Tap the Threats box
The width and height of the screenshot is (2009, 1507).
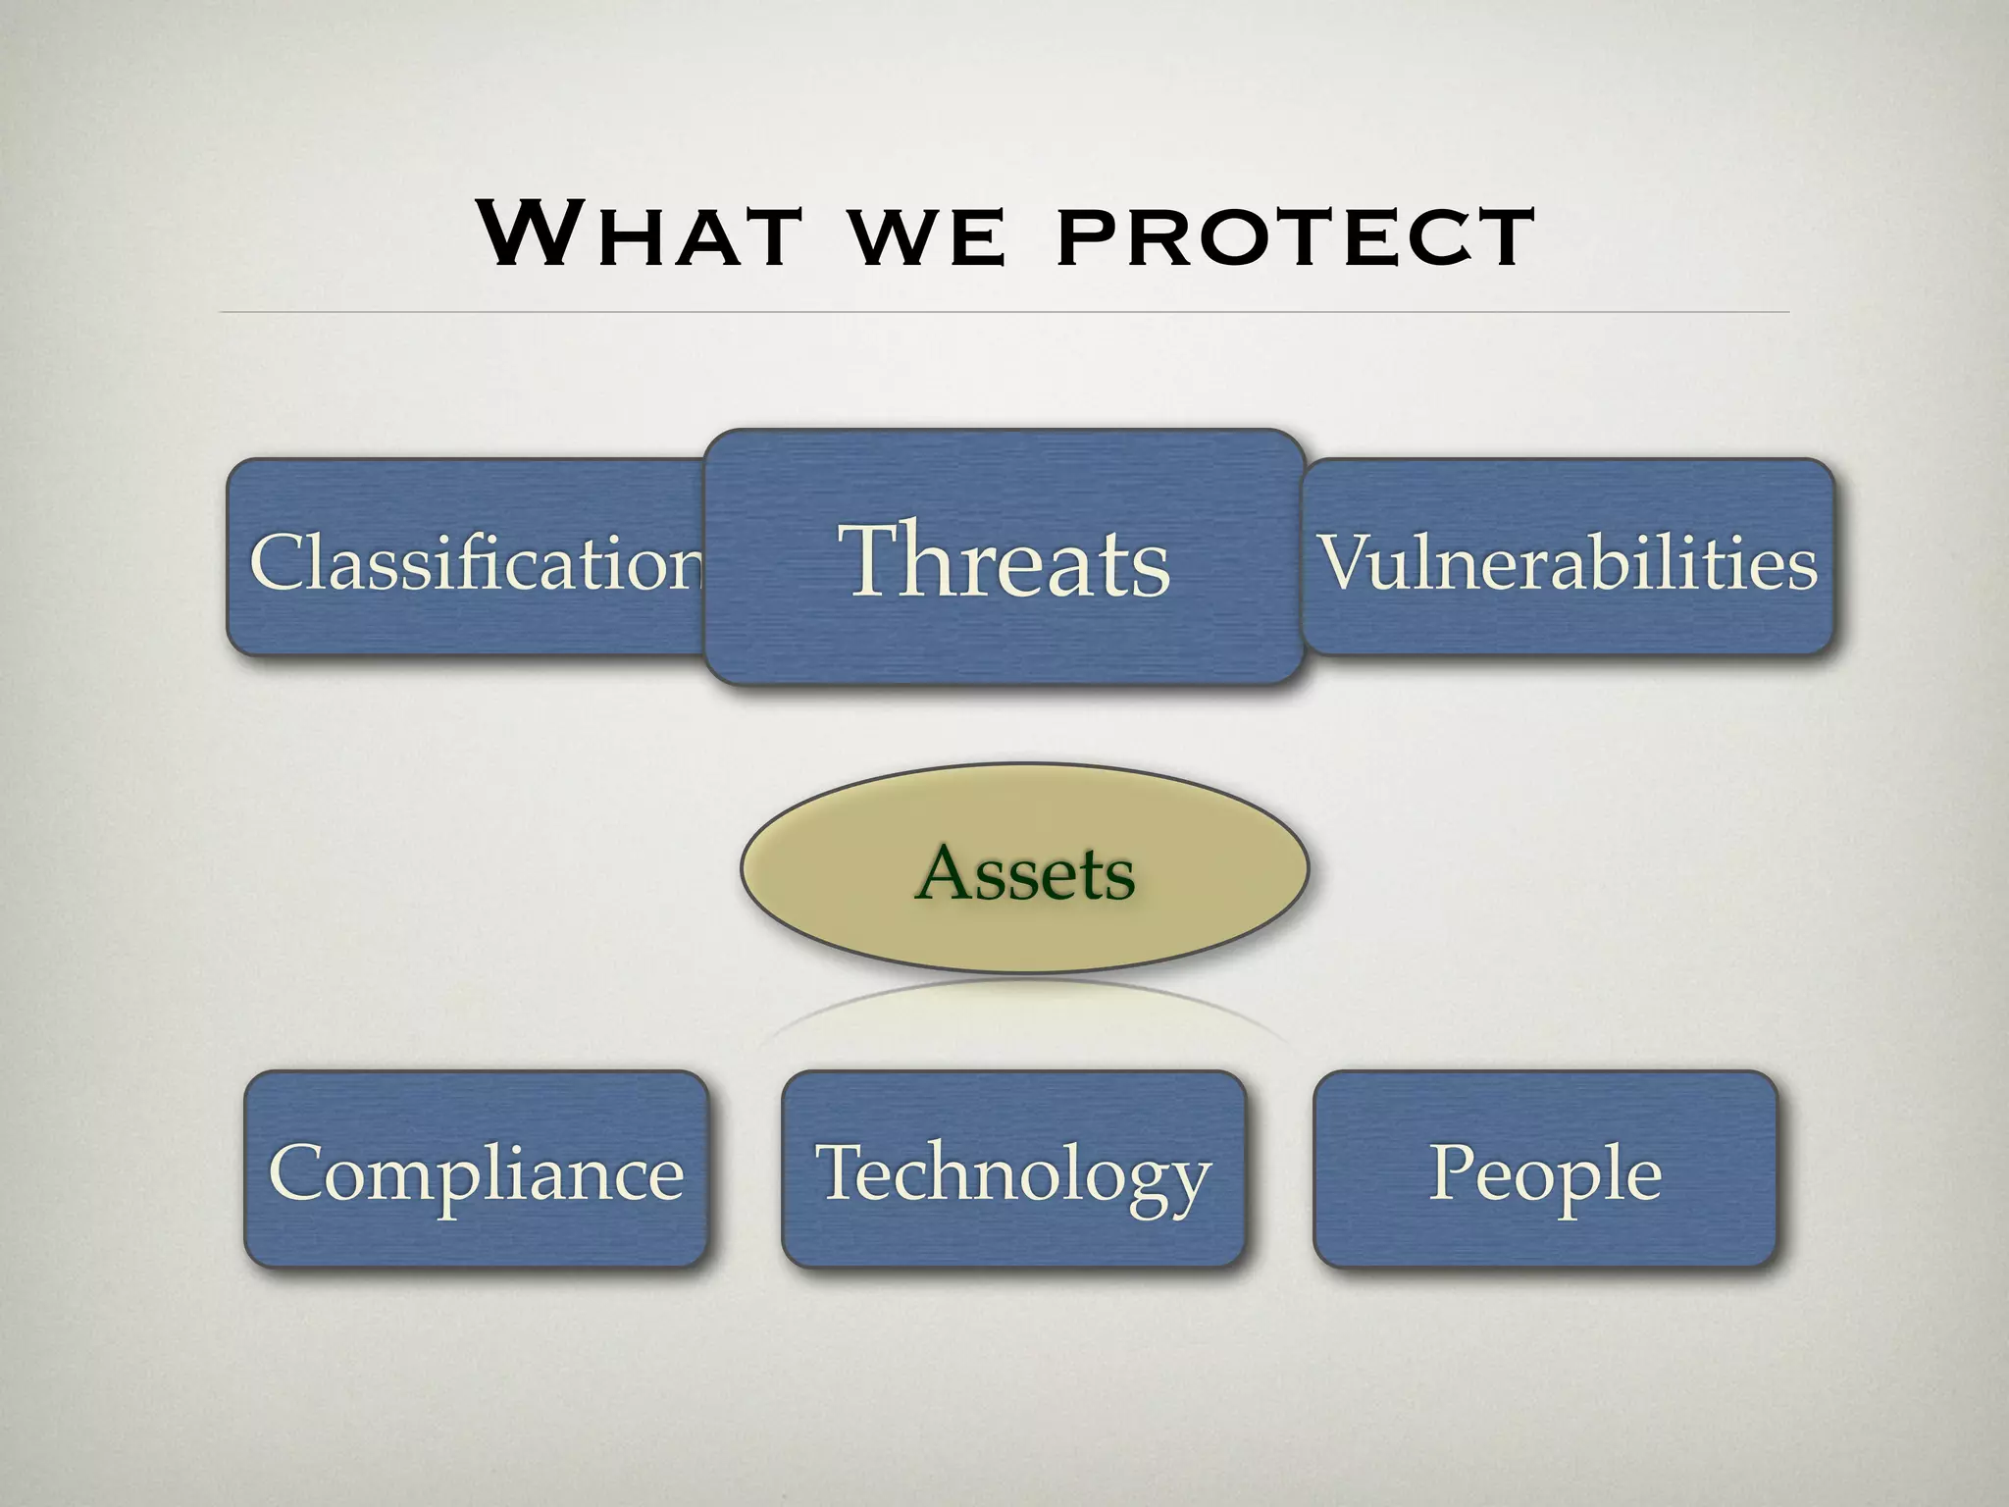(1004, 558)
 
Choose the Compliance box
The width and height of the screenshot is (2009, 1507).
(476, 1170)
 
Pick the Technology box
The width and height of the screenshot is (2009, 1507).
(1012, 1170)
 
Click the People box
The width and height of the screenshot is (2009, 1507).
(1545, 1170)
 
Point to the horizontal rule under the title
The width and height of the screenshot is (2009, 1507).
(1004, 312)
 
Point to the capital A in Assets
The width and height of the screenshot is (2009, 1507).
(946, 871)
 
